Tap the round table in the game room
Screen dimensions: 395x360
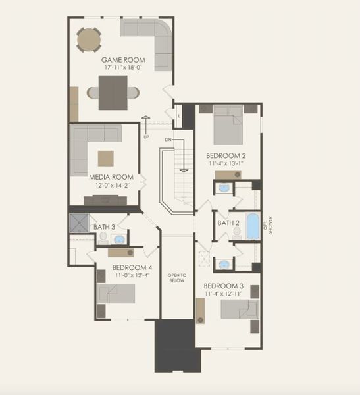click(x=89, y=39)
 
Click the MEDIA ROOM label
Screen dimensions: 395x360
click(x=111, y=177)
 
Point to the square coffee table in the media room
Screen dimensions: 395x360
click(x=105, y=158)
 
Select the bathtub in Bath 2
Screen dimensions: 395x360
click(x=253, y=226)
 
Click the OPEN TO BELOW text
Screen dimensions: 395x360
click(x=177, y=278)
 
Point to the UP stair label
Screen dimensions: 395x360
click(x=146, y=137)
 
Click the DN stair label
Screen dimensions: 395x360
click(x=168, y=140)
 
